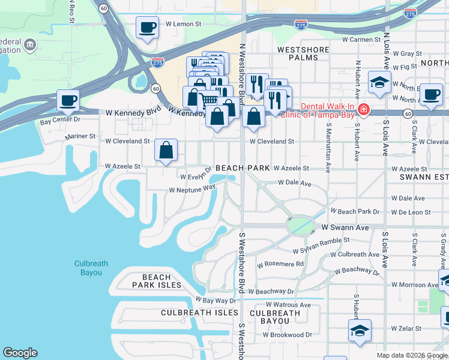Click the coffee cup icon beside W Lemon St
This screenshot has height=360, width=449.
[147, 28]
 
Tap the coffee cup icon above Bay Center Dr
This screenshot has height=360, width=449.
[68, 100]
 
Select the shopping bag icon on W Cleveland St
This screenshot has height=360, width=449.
[166, 151]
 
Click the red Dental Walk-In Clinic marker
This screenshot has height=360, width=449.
[363, 110]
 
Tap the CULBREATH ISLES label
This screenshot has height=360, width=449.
[196, 313]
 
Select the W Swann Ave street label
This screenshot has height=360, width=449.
[345, 228]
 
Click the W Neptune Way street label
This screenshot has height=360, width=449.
[192, 189]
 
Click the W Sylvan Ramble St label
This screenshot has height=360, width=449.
[321, 244]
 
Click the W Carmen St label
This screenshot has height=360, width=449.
[361, 40]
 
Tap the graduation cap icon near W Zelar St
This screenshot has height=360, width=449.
[360, 330]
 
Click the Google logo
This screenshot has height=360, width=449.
[20, 353]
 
